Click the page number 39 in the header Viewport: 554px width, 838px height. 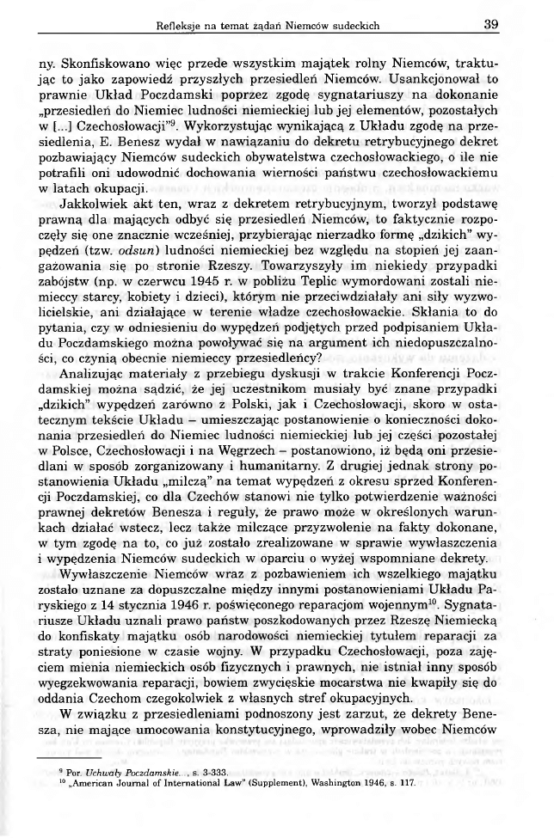click(x=491, y=25)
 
